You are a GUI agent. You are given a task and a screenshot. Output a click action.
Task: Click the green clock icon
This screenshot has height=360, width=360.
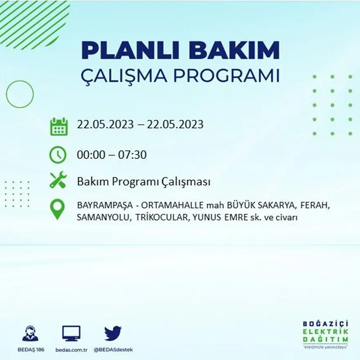click(x=58, y=155)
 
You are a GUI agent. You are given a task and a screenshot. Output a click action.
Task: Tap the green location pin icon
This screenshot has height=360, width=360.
click(x=57, y=209)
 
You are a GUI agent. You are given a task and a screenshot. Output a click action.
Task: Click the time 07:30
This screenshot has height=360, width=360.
click(x=132, y=155)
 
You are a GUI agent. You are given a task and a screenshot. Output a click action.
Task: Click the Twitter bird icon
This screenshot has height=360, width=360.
click(x=113, y=333)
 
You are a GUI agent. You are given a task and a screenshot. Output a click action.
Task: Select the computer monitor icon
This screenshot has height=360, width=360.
click(x=71, y=334)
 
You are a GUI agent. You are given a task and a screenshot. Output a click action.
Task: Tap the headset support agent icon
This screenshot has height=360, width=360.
click(x=30, y=334)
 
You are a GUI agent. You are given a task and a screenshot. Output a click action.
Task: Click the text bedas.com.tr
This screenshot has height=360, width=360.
click(x=71, y=350)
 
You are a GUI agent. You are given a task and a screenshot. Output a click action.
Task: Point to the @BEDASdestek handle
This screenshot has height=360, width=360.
click(x=113, y=350)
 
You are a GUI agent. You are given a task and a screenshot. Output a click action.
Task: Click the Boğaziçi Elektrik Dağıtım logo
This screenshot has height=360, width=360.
click(x=326, y=333)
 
